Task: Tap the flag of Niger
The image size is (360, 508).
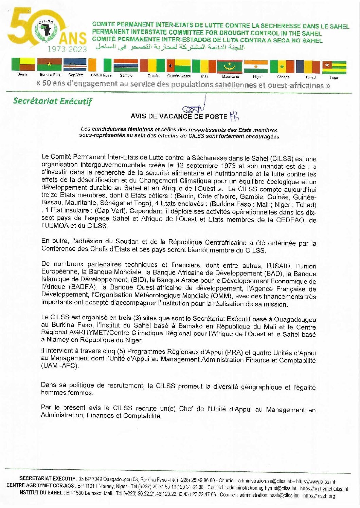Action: tap(256, 67)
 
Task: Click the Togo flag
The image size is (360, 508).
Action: tap(334, 68)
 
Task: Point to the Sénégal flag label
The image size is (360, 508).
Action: tap(284, 77)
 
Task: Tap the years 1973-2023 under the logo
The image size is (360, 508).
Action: tap(67, 49)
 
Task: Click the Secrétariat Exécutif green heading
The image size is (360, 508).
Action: tap(53, 101)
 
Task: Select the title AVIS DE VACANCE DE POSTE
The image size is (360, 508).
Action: tap(179, 116)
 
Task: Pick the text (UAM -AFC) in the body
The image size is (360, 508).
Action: tap(60, 366)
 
